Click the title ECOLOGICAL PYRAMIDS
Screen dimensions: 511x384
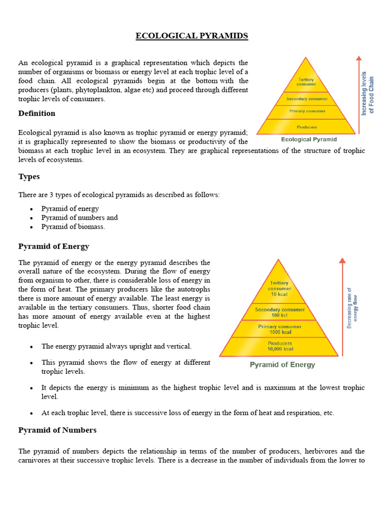point(192,36)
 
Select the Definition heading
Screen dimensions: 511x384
point(37,113)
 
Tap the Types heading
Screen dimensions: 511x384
point(29,177)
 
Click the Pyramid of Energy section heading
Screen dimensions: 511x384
point(54,247)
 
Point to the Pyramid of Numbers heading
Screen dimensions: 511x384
point(57,430)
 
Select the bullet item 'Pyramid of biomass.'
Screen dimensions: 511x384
point(73,227)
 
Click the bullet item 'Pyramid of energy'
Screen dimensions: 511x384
point(70,209)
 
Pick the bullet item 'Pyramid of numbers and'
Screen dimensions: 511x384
point(79,218)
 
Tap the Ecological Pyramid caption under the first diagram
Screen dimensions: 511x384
point(309,140)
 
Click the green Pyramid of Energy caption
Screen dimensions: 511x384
point(282,365)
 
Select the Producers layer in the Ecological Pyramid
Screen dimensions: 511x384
point(306,127)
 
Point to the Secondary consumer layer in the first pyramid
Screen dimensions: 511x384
point(306,99)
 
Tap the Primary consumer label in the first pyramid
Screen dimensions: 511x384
point(306,111)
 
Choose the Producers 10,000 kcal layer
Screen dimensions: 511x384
point(279,346)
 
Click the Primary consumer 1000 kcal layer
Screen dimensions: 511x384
point(279,329)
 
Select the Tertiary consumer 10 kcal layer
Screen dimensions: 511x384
point(279,289)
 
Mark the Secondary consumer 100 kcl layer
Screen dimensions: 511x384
point(279,312)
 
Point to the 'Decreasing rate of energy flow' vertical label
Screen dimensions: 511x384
point(352,307)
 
